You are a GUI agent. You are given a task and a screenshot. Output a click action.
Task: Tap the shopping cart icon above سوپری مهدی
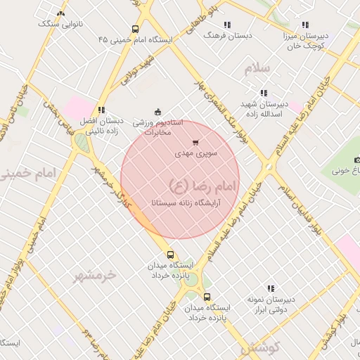195,143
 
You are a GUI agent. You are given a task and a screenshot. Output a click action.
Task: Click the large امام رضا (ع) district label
204,185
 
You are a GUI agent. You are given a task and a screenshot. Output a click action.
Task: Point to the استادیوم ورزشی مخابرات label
163,127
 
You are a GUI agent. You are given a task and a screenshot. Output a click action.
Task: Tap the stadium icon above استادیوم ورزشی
157,111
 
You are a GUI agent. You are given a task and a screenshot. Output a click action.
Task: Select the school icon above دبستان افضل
102,110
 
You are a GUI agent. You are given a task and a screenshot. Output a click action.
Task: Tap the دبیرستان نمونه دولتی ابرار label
270,304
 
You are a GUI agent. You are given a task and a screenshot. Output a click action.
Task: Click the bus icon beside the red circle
170,254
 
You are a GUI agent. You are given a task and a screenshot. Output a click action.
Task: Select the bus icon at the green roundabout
205,297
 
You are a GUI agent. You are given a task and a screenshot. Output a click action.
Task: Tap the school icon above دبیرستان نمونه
270,288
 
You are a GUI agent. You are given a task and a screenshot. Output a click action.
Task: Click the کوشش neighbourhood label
260,347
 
